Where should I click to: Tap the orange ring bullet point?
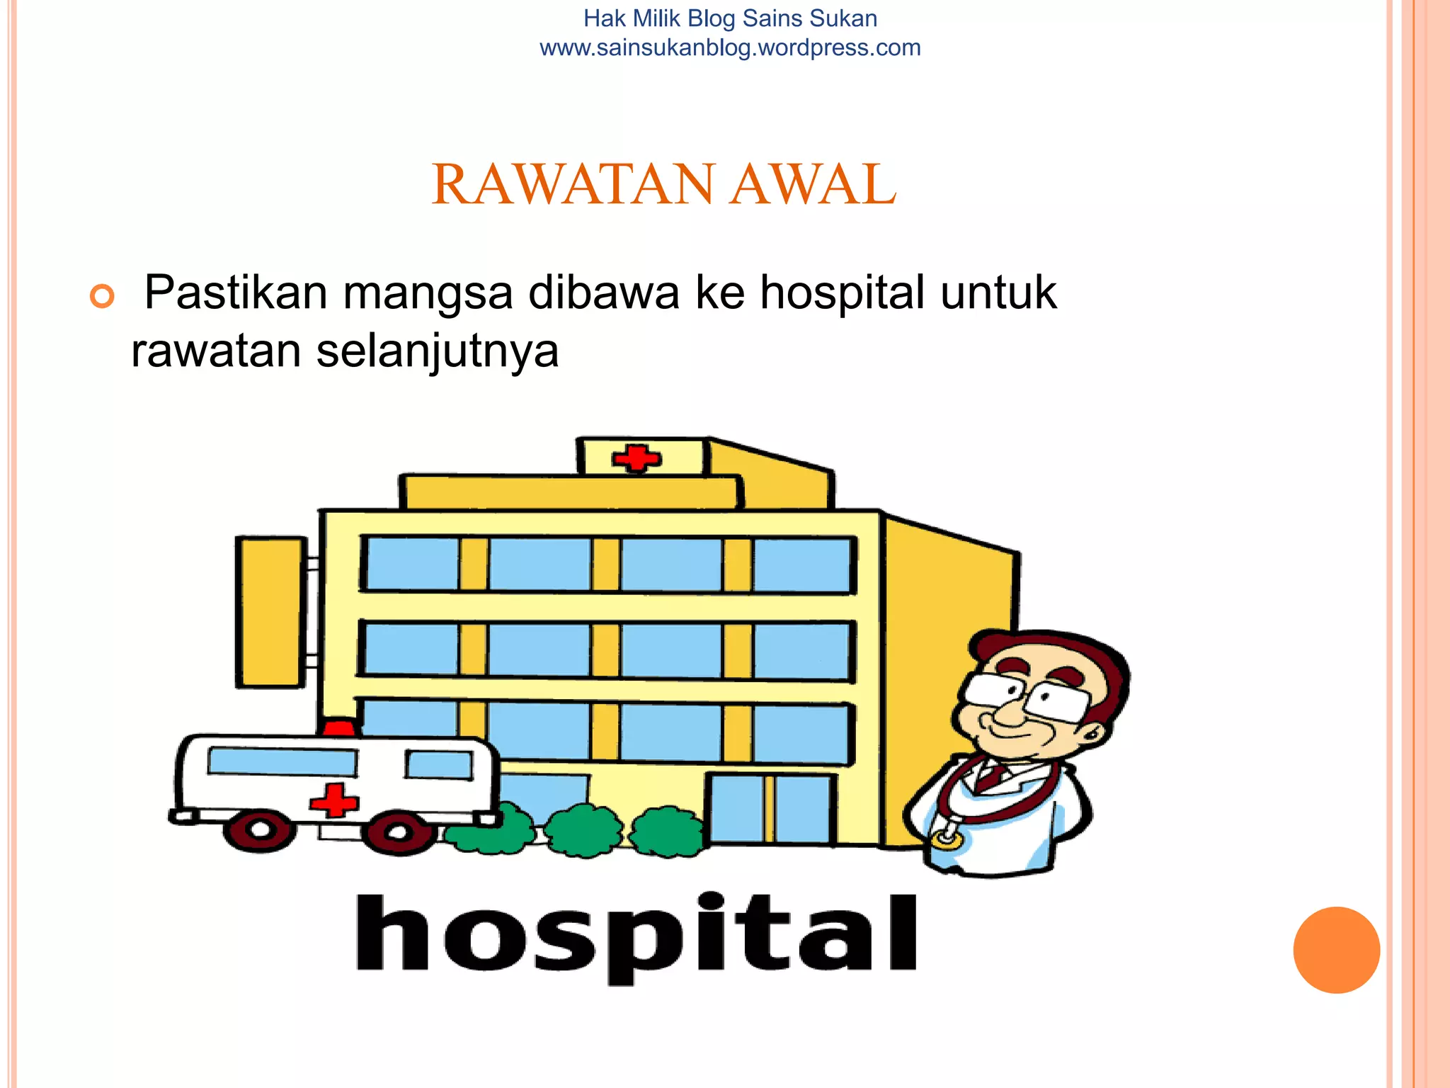[102, 296]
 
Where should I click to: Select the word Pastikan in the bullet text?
[236, 292]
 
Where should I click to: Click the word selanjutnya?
[437, 351]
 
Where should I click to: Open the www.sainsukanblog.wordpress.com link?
[730, 48]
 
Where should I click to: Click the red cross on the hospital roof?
[636, 458]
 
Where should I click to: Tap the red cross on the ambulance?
[334, 800]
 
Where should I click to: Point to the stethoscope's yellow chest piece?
[947, 840]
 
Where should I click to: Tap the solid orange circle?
[1336, 950]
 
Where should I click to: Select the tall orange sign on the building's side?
[270, 612]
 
